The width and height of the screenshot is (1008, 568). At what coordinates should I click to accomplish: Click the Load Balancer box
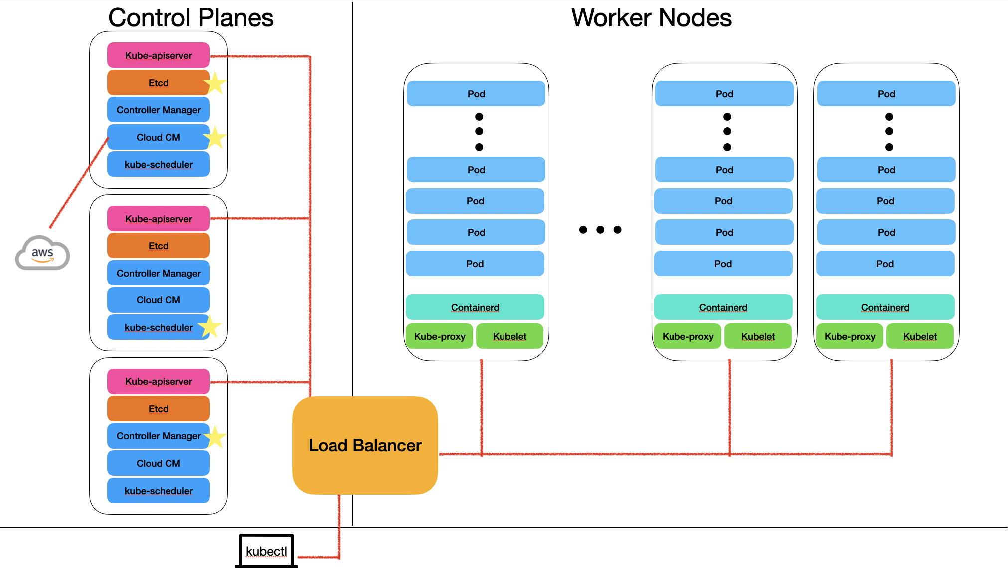[365, 445]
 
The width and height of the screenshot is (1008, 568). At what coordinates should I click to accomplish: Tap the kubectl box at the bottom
[266, 551]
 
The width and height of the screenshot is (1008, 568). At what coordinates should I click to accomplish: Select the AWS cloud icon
[42, 253]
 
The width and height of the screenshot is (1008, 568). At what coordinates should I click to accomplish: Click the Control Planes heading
[190, 18]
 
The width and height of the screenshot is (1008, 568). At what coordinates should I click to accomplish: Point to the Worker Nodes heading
[651, 18]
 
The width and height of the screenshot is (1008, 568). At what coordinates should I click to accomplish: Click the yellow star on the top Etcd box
[215, 83]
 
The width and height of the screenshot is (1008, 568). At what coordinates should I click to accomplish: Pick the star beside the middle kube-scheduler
[210, 327]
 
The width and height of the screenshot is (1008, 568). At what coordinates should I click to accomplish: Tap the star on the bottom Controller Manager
[215, 437]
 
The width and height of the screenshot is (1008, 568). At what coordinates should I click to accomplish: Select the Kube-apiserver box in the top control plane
[159, 55]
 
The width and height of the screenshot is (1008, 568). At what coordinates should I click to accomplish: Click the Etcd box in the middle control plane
[159, 246]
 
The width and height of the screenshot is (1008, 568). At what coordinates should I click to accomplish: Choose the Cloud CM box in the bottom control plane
[159, 463]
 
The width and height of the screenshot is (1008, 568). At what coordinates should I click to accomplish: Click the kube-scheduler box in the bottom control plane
[159, 491]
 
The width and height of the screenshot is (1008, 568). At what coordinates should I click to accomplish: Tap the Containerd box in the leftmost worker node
[475, 307]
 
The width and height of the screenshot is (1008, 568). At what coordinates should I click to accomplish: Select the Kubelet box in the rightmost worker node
[920, 336]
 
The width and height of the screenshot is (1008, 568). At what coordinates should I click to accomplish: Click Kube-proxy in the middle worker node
[687, 336]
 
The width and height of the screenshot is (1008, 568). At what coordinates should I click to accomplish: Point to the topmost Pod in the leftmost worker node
[476, 94]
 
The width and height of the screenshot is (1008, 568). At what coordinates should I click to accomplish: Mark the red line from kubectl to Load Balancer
[339, 529]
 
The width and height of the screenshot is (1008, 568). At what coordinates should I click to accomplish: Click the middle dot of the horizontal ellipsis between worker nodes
[600, 230]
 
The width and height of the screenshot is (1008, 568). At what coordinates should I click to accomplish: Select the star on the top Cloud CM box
[215, 138]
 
